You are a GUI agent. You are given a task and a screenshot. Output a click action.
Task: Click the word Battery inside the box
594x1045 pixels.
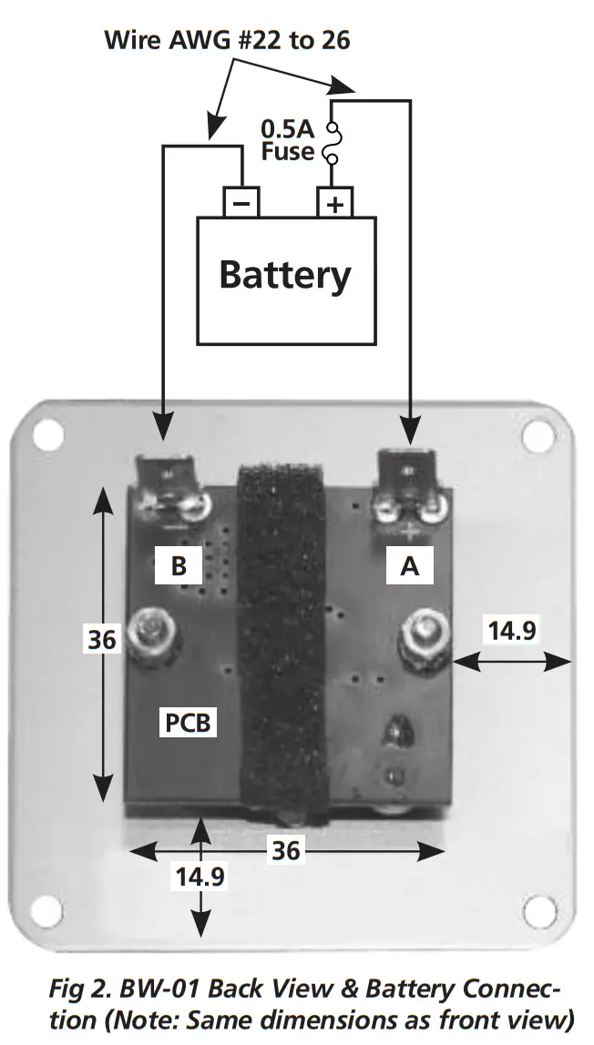point(285,274)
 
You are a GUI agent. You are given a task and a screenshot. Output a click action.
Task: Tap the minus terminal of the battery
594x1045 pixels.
point(241,202)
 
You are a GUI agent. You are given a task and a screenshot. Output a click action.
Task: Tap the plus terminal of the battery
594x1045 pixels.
point(335,202)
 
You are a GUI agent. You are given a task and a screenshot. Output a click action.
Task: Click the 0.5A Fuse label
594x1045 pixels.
point(288,139)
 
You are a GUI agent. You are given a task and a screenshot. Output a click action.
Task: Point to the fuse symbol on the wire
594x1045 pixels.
point(333,144)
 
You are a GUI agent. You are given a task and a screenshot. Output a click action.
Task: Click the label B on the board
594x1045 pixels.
point(179,566)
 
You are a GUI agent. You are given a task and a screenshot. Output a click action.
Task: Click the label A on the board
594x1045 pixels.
point(410,566)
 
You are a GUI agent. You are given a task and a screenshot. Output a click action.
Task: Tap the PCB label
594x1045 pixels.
point(189,724)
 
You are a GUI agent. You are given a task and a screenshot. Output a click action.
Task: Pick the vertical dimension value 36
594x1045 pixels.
point(102,639)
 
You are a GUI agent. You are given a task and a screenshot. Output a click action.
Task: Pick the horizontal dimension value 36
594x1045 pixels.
point(285,850)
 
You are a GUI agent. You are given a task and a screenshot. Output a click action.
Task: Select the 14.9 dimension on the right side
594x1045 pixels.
point(511,631)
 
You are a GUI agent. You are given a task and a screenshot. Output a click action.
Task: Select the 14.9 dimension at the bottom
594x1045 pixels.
point(200,878)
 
